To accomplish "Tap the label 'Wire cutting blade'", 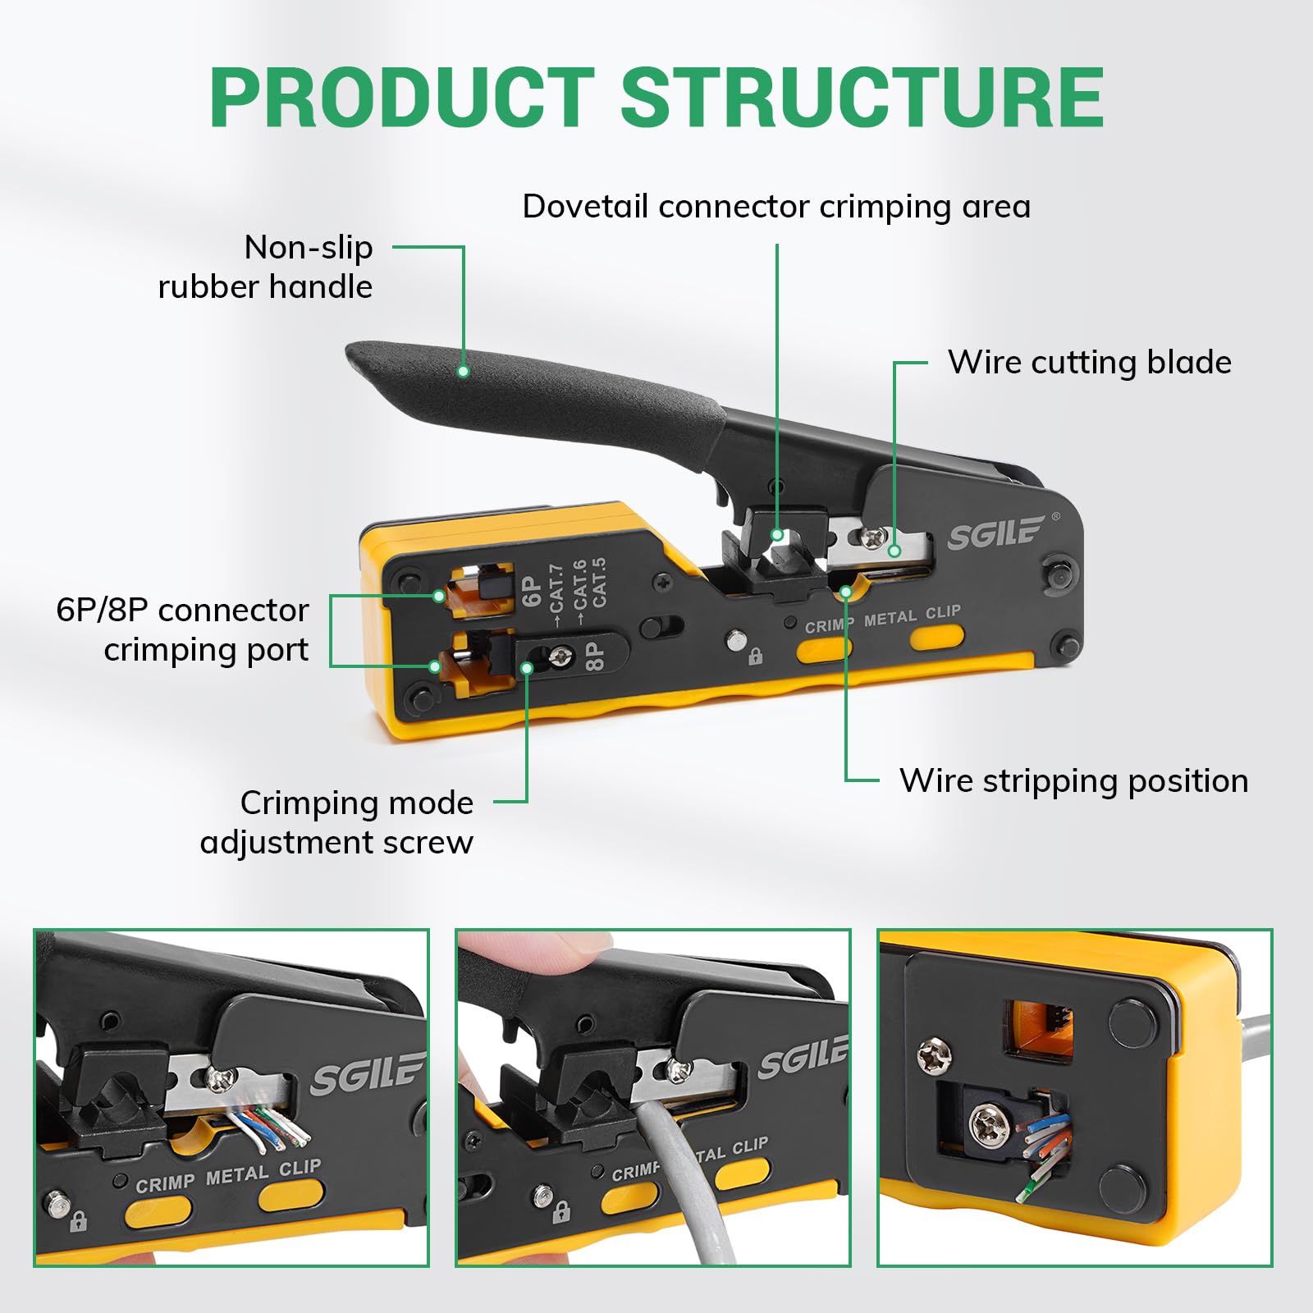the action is click(1090, 362).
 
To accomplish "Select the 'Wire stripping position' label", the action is click(1073, 780).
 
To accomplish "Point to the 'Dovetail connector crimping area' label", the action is click(776, 206).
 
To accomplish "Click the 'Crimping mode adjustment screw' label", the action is click(336, 822).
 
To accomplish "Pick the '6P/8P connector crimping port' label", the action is click(182, 629).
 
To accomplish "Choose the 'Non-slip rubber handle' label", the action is click(265, 267).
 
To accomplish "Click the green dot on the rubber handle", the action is click(463, 371).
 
